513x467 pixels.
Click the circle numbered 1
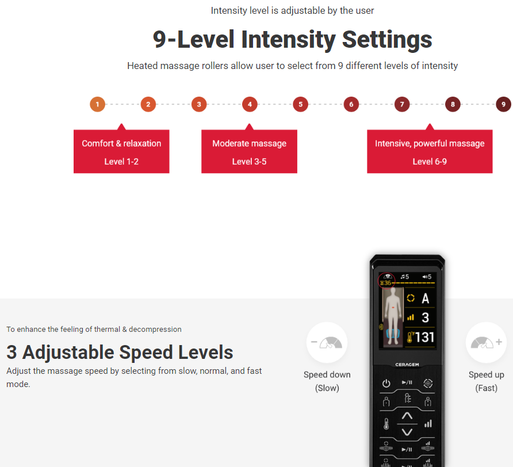98,105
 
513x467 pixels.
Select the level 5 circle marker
300,105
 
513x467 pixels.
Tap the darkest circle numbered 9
504,105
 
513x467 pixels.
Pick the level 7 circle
402,105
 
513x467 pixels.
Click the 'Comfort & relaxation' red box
121,151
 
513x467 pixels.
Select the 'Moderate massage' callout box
249,151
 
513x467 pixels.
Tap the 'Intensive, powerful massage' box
430,151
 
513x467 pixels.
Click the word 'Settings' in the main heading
387,40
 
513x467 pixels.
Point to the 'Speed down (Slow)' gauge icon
327,342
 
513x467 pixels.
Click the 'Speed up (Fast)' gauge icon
486,342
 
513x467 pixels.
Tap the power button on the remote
386,383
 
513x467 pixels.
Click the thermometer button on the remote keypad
386,424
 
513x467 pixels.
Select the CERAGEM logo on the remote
407,365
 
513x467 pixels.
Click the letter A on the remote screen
426,298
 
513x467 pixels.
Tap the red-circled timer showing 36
386,281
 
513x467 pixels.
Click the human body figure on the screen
393,316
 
